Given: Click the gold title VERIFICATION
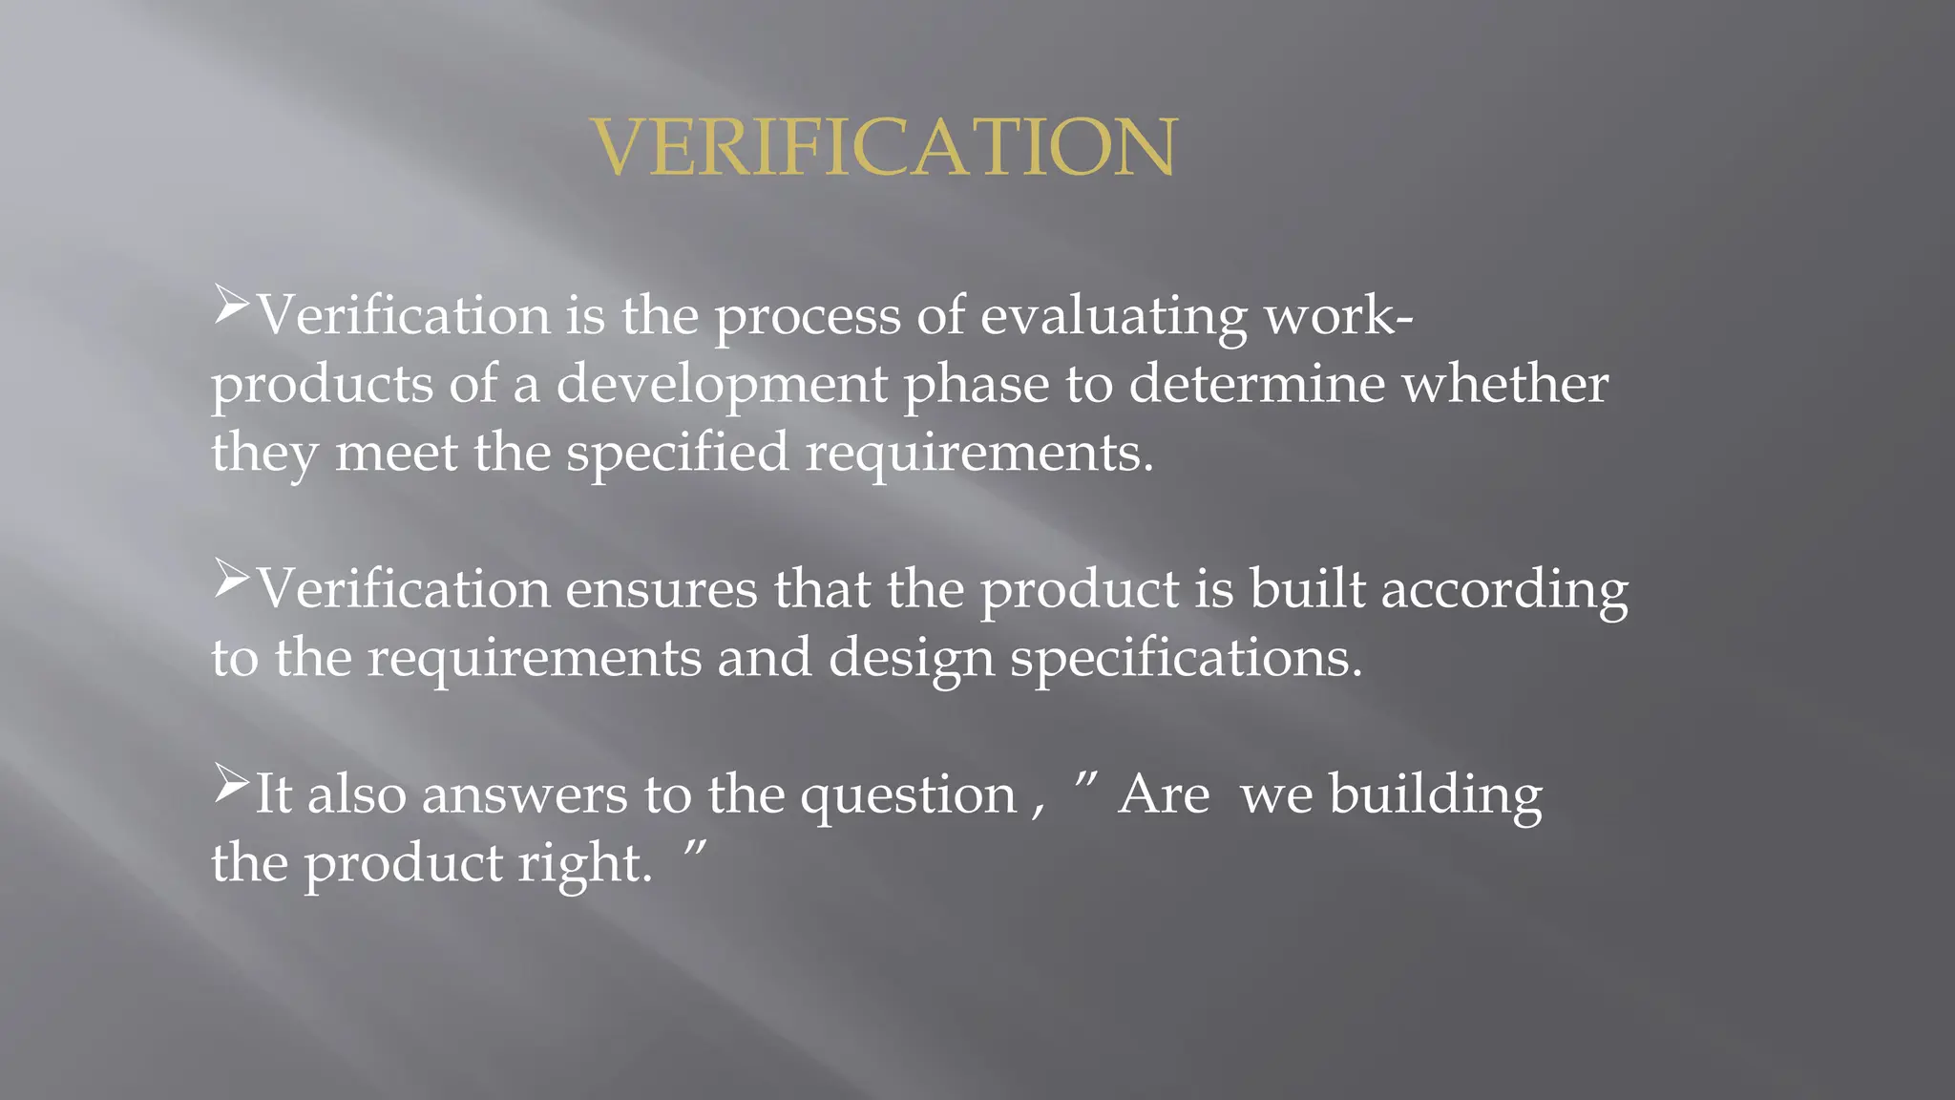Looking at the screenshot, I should [x=884, y=147].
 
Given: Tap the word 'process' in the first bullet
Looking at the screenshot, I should [x=808, y=317].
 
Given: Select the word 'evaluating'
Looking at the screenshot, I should [x=1113, y=317].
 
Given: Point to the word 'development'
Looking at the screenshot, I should [x=722, y=386].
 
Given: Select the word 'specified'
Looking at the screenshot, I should [x=677, y=454].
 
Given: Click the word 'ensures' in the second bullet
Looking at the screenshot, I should [x=662, y=589].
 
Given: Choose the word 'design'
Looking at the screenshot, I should [x=911, y=660].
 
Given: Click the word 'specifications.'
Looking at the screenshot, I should [x=1187, y=660].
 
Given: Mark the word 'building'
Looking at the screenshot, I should [x=1436, y=795].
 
